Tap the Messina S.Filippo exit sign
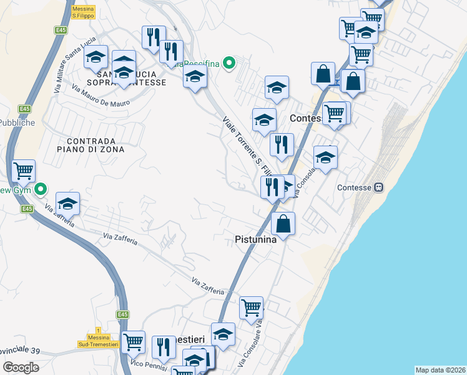click(x=82, y=12)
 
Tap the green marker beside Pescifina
click(x=229, y=62)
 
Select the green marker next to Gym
click(x=41, y=188)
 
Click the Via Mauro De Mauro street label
click(x=100, y=94)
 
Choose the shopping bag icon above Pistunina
click(x=283, y=223)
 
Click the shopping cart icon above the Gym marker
click(x=24, y=170)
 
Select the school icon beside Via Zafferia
click(x=68, y=203)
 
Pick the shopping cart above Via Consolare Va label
click(x=251, y=307)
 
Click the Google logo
click(x=21, y=367)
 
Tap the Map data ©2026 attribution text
click(x=440, y=370)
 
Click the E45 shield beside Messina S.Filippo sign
click(x=61, y=30)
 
